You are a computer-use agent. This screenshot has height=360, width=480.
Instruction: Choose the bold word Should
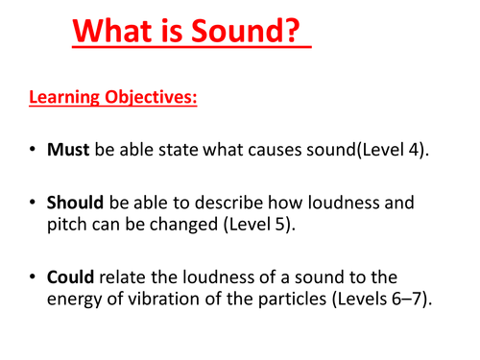75,204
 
